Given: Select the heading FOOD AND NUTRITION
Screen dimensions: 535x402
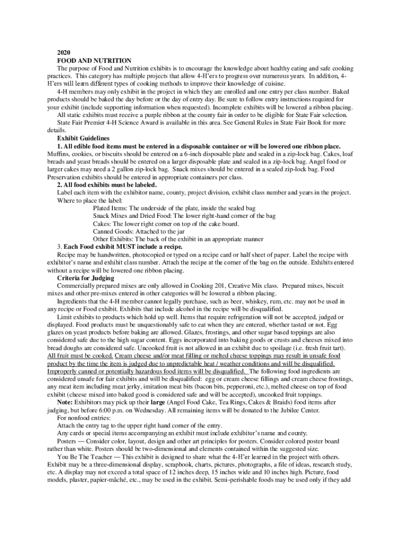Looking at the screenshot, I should click(94, 61).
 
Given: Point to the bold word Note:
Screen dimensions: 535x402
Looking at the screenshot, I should click(65, 403).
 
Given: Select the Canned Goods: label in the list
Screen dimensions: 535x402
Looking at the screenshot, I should click(114, 231).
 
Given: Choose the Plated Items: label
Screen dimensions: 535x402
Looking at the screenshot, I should click(111, 208).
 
